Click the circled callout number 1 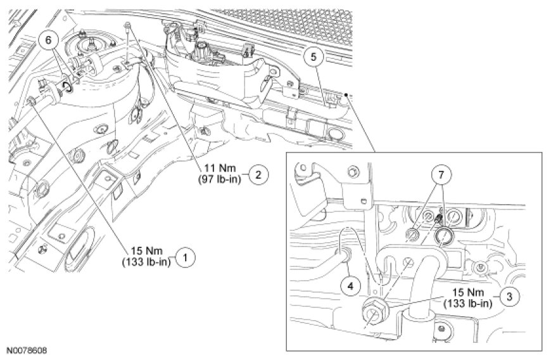pyautogui.click(x=185, y=257)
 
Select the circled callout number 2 pyautogui.click(x=258, y=174)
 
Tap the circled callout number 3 pyautogui.click(x=509, y=297)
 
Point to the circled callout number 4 pyautogui.click(x=350, y=286)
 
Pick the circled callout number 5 pyautogui.click(x=313, y=57)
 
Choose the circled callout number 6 pyautogui.click(x=47, y=39)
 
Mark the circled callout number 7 pyautogui.click(x=440, y=175)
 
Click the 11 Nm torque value pyautogui.click(x=220, y=169)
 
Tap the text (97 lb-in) pyautogui.click(x=219, y=179)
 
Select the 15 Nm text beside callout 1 pyautogui.click(x=147, y=252)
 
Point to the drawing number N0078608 pyautogui.click(x=27, y=350)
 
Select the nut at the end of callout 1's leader pyautogui.click(x=31, y=101)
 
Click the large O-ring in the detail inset pyautogui.click(x=443, y=236)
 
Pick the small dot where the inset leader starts pyautogui.click(x=346, y=94)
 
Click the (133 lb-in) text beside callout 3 pyautogui.click(x=468, y=303)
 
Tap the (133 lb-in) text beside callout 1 pyautogui.click(x=147, y=262)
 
